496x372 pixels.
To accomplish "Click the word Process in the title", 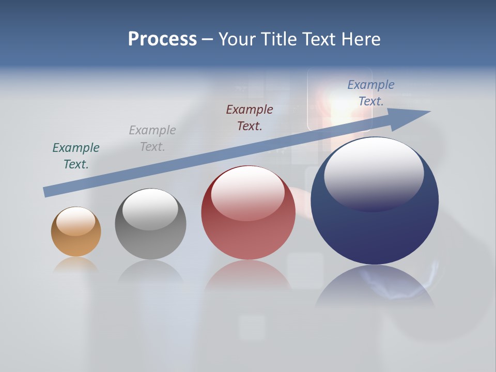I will (162, 39).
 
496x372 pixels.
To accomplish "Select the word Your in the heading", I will (237, 39).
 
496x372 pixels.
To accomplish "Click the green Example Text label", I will (76, 156).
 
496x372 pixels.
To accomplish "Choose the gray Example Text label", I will (152, 138).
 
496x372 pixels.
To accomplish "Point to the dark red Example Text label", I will (250, 117).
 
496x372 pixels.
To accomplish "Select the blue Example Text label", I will (371, 93).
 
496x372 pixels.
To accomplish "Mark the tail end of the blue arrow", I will (48, 192).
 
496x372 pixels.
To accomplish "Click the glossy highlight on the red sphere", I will (247, 192).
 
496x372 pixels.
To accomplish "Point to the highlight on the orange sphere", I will (75, 221).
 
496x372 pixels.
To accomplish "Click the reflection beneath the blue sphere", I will (375, 287).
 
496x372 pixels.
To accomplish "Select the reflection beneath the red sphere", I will (248, 276).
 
